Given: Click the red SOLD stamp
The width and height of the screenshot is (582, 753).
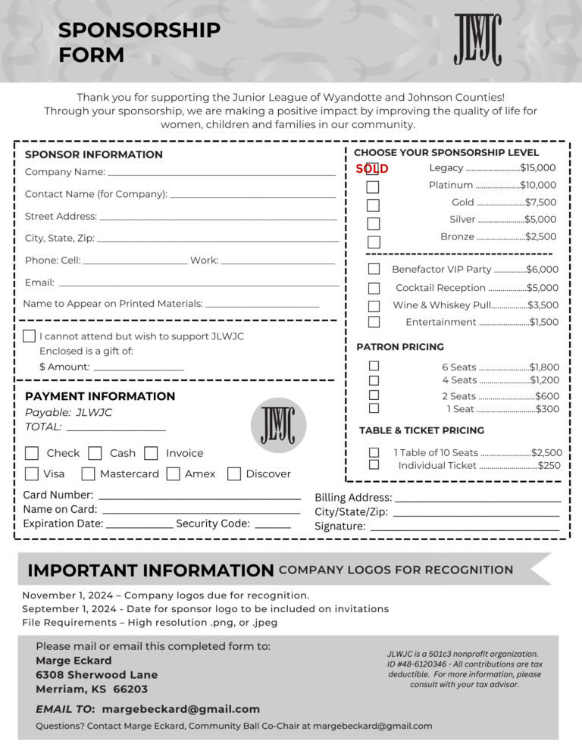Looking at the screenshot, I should [x=372, y=169].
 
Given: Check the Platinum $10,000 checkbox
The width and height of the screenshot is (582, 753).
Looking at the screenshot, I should [x=373, y=186].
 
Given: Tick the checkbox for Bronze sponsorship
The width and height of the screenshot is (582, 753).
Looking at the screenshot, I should [x=374, y=242].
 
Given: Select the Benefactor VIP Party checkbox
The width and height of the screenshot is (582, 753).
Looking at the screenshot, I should [x=374, y=269].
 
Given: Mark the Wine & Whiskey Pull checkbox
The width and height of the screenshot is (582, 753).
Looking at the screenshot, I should [x=374, y=306].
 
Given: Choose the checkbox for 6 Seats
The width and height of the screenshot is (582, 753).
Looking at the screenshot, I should [x=374, y=366].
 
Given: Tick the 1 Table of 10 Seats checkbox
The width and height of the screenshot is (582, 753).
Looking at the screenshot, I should [x=374, y=452].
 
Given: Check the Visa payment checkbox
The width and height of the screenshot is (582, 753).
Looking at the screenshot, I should [x=32, y=473].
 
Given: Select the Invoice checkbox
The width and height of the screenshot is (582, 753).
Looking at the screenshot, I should [x=151, y=453].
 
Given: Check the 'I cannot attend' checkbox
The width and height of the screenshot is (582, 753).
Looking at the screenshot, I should [x=30, y=336].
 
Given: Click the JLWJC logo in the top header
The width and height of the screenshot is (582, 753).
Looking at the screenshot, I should [x=477, y=39].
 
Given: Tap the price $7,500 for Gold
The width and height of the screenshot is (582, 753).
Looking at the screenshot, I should [x=541, y=202].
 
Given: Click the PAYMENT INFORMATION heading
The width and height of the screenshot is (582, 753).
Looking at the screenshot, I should [x=100, y=396].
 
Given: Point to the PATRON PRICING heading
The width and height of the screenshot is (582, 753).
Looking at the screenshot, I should [x=400, y=347].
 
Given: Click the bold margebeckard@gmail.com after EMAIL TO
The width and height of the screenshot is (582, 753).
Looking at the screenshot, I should [x=180, y=709].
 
